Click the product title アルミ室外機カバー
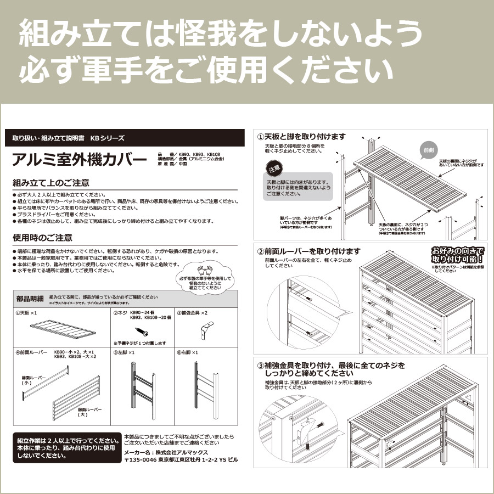point(80,160)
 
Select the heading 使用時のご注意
point(42,238)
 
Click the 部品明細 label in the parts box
point(30,299)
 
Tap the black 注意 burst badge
point(273,167)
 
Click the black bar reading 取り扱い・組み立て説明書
point(69,138)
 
